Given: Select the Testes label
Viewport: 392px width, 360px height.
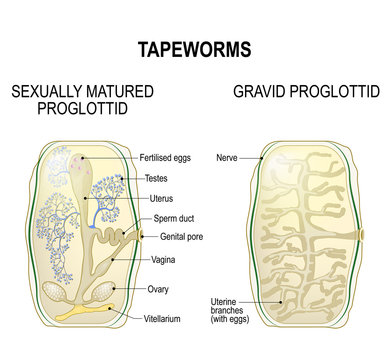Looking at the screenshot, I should [156, 177].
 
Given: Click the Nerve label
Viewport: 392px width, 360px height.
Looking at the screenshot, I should [229, 158].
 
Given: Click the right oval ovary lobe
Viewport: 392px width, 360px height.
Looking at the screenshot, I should [104, 291].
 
